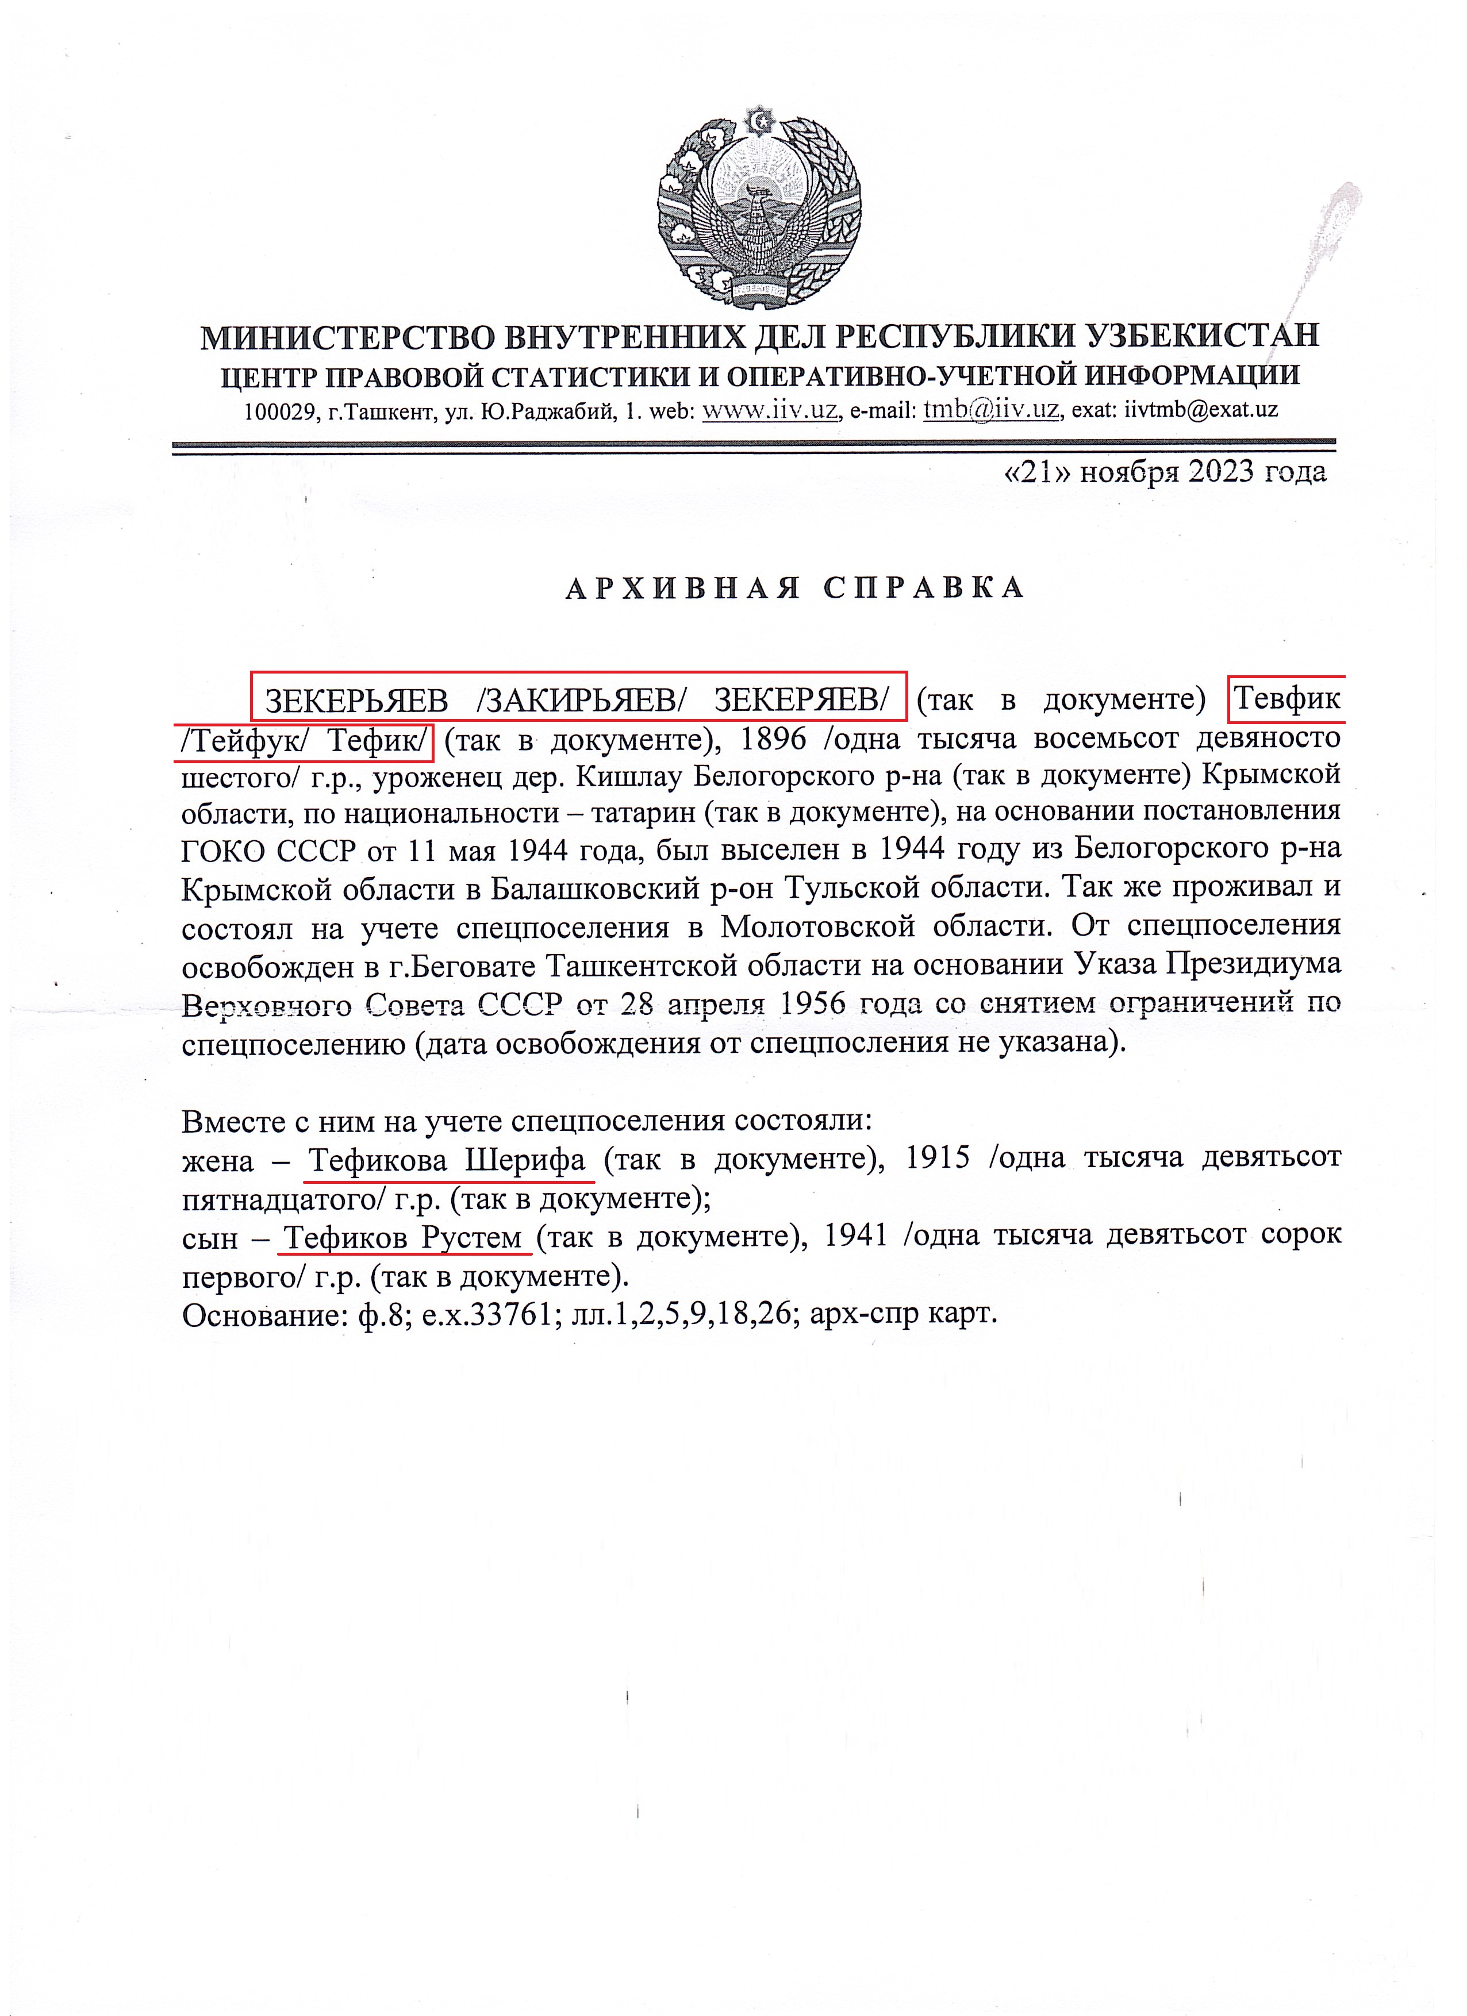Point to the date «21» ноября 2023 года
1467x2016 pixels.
click(x=1164, y=472)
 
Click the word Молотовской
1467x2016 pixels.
click(x=818, y=926)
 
